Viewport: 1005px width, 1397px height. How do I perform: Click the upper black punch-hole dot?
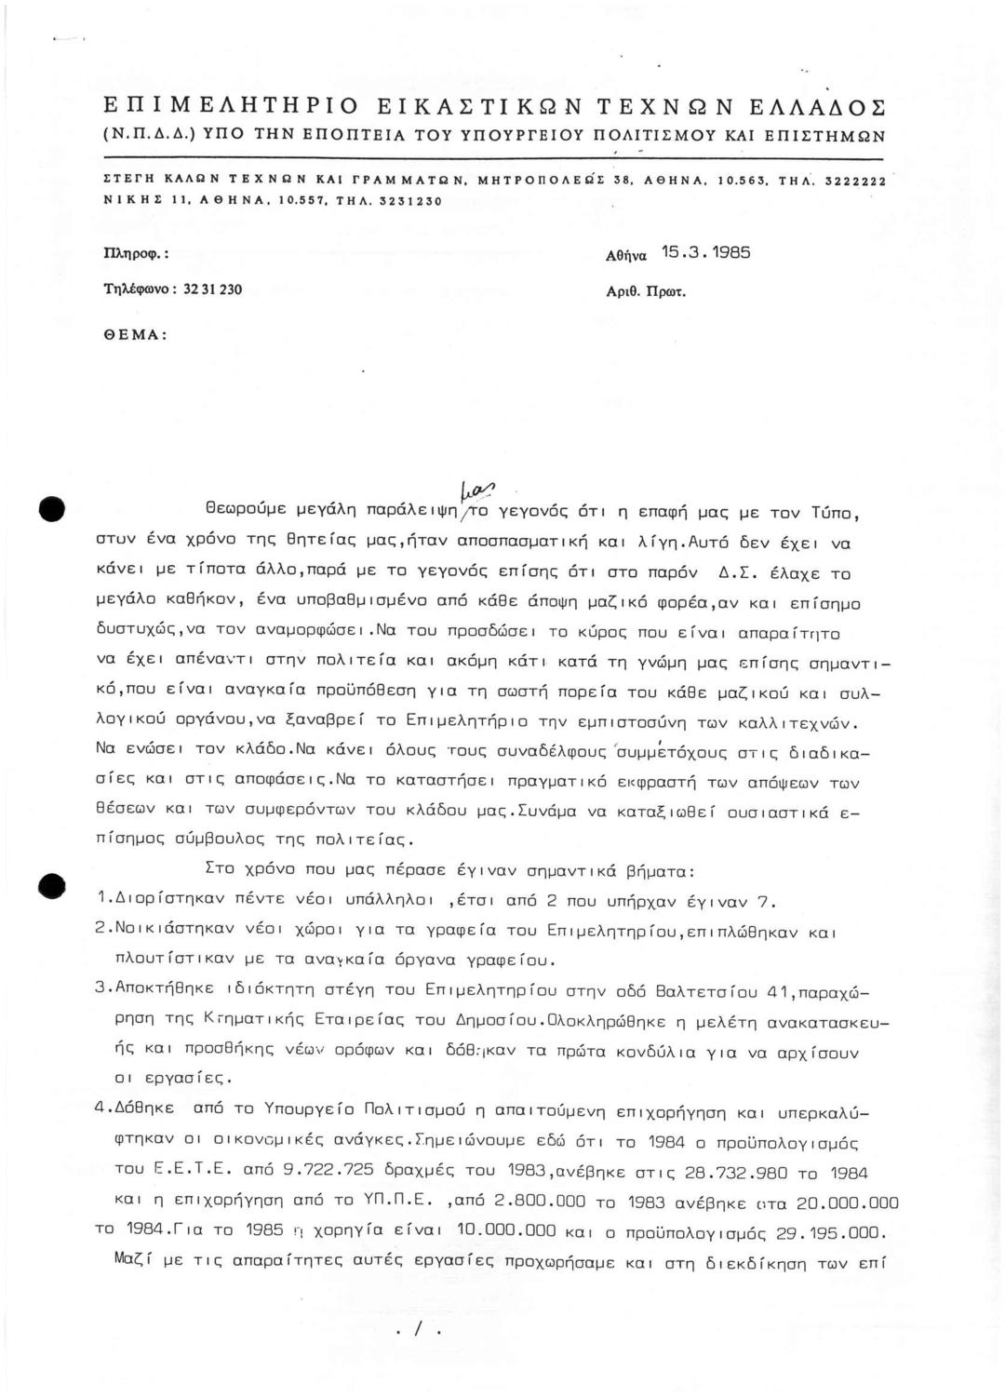click(x=50, y=510)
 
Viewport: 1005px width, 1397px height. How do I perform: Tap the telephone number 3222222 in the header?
click(x=852, y=184)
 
